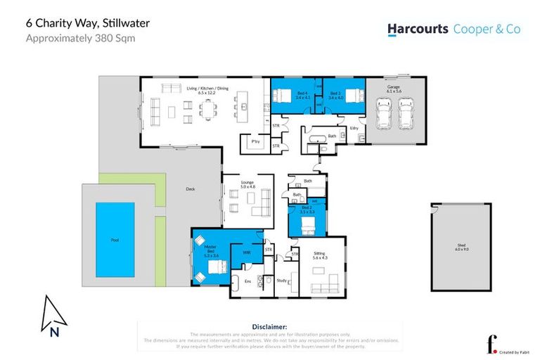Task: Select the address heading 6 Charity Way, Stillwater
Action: (x=87, y=23)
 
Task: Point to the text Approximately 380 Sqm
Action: (x=80, y=38)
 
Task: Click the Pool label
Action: (x=115, y=240)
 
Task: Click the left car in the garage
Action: (x=384, y=113)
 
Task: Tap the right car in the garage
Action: (x=406, y=113)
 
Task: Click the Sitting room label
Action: (x=320, y=257)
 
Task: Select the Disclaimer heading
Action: (x=269, y=326)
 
